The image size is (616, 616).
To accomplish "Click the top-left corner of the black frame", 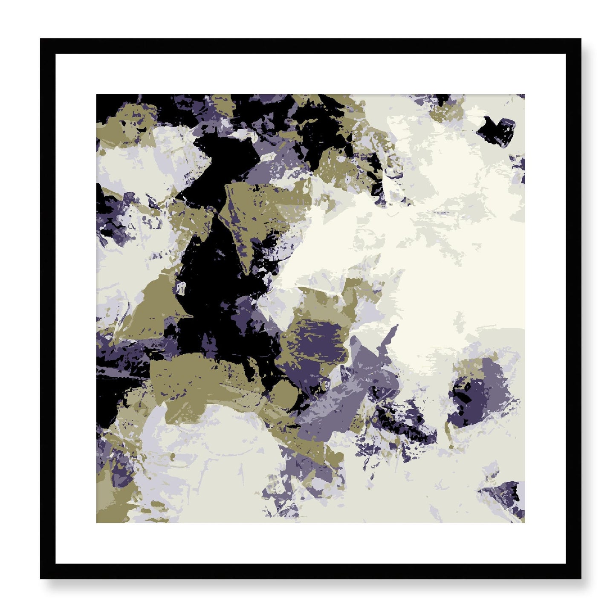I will coord(41,39).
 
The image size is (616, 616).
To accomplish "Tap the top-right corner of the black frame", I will coord(580,39).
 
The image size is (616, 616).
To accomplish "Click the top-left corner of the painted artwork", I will coord(97,95).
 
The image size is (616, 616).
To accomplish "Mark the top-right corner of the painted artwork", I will coord(524,95).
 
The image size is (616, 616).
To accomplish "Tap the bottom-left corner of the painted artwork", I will coord(97,522).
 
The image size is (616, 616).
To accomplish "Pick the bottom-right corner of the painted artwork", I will coord(524,522).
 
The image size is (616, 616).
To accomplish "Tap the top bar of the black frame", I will coord(310,46).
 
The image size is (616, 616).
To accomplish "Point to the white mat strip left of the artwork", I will coord(76,309).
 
